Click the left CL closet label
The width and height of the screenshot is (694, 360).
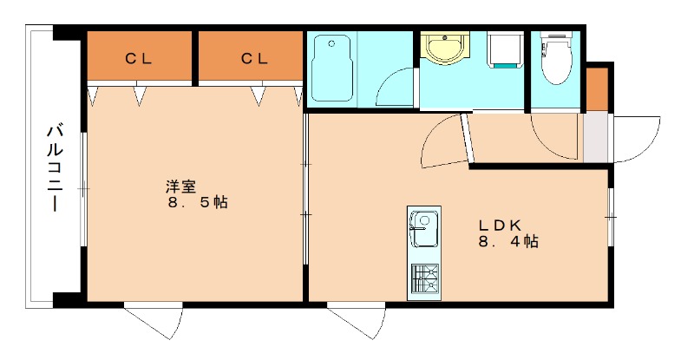click(138, 58)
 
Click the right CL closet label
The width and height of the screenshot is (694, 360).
click(254, 58)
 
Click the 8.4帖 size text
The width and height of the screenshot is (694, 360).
click(507, 242)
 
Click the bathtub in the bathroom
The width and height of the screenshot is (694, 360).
click(331, 69)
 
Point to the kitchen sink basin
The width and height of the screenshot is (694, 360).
click(423, 231)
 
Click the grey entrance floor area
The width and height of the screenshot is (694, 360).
click(596, 136)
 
